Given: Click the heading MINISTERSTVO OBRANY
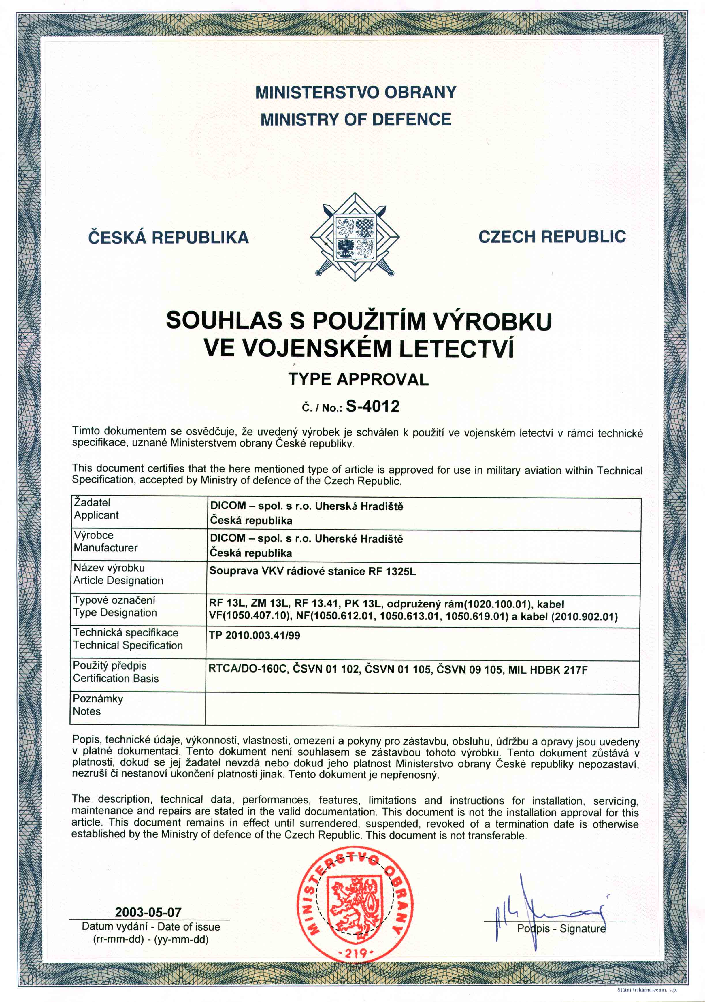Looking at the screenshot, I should tap(356, 93).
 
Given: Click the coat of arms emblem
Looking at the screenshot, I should tap(355, 238).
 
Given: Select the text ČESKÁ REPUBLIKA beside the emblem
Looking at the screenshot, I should tap(168, 238).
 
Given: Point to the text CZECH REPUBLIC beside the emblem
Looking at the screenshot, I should tap(552, 237).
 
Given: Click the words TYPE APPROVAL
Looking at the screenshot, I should tap(358, 379).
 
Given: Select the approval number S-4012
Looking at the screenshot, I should tap(373, 407).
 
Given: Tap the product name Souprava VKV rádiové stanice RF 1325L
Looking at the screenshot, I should tap(312, 571).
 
